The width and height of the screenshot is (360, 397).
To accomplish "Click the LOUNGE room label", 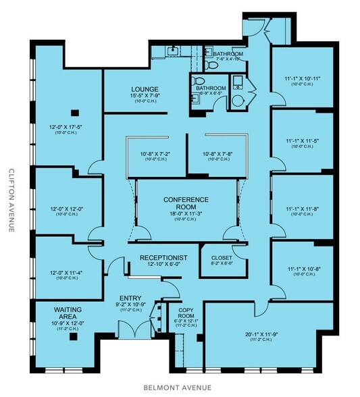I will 145,89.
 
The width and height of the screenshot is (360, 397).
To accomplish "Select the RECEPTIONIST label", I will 163,258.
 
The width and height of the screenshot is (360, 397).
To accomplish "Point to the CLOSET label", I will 222,258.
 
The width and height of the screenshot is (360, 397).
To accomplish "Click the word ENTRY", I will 130,298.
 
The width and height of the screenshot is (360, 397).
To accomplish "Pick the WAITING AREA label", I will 66,311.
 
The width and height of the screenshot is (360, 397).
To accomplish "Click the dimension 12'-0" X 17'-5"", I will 66,127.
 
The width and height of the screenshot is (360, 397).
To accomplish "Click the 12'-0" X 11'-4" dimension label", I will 66,273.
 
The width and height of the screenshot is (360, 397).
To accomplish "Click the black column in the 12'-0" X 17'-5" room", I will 75,112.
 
